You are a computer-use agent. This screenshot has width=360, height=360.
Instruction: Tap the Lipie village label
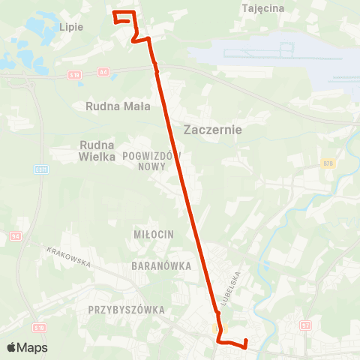pos(70,26)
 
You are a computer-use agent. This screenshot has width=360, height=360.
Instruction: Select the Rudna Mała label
pos(118,106)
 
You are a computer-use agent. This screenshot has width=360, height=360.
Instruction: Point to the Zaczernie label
pos(212,129)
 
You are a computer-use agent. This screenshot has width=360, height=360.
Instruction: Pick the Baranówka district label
pos(161,265)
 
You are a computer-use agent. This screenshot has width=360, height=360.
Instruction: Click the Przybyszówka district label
pos(125,309)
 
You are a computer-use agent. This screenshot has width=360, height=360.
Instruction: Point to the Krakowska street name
pos(68,257)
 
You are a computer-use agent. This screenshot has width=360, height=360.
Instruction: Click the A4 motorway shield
pos(103,72)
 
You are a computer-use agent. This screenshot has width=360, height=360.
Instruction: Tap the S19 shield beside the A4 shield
pos(74,75)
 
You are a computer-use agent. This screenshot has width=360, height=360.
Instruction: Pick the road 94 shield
pos(16,236)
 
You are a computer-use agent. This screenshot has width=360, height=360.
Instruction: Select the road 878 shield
pos(328,163)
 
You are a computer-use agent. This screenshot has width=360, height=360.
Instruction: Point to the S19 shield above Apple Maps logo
pos(39,328)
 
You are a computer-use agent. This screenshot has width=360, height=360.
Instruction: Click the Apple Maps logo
pos(27,347)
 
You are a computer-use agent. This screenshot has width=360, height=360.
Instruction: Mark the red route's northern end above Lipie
pos(114,13)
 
